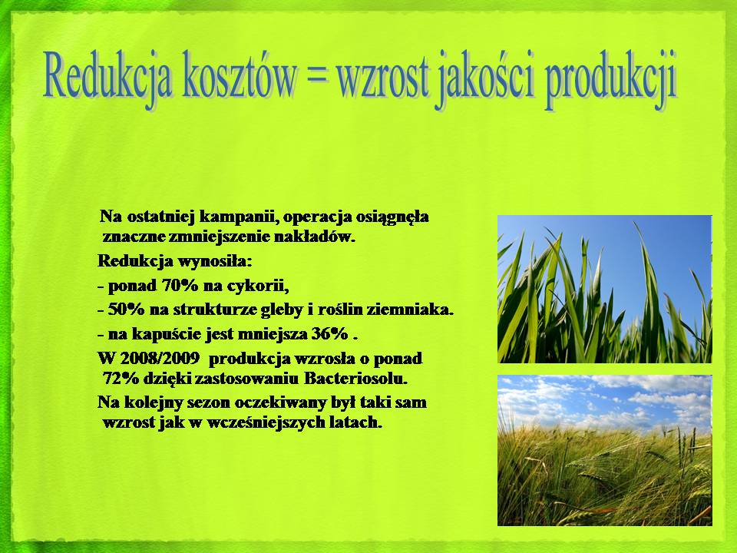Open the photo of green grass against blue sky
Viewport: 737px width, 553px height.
tap(605, 289)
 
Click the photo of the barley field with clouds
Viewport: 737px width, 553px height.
tap(605, 450)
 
